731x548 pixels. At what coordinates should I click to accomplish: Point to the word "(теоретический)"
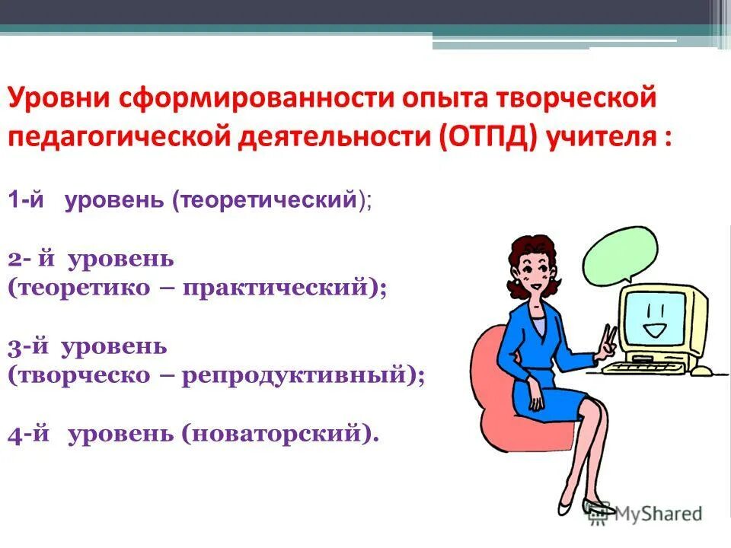click(270, 201)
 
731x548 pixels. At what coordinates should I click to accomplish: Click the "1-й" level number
click(27, 201)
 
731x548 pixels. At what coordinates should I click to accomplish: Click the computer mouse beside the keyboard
click(704, 371)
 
